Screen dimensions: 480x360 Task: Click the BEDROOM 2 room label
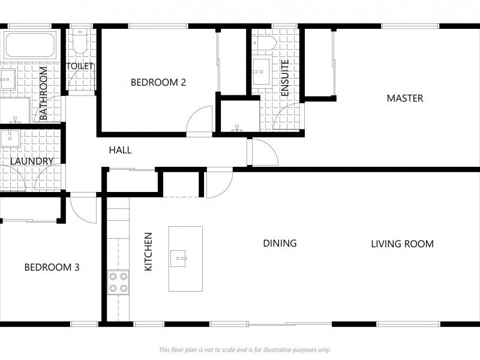(x=158, y=82)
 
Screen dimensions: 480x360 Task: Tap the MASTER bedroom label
(x=404, y=98)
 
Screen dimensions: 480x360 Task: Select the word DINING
(x=280, y=243)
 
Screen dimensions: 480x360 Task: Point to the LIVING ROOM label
(x=402, y=244)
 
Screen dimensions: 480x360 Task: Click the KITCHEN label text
(x=148, y=251)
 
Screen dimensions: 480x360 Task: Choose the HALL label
(x=121, y=150)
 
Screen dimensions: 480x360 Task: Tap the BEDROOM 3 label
(x=52, y=267)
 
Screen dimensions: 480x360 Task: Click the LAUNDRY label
(x=32, y=161)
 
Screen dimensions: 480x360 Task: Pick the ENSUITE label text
(x=284, y=78)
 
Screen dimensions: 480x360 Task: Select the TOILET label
(x=80, y=66)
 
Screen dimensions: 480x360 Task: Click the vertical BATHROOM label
(x=43, y=94)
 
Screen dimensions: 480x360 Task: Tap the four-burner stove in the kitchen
(x=118, y=282)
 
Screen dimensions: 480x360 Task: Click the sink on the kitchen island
(x=178, y=259)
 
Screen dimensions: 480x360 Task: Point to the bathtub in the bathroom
(x=30, y=45)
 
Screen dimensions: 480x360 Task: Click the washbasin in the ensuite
(x=262, y=71)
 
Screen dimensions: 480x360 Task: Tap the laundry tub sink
(x=10, y=139)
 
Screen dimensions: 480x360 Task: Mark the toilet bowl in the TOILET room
(x=80, y=41)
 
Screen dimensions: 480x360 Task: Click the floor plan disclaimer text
(x=245, y=350)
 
